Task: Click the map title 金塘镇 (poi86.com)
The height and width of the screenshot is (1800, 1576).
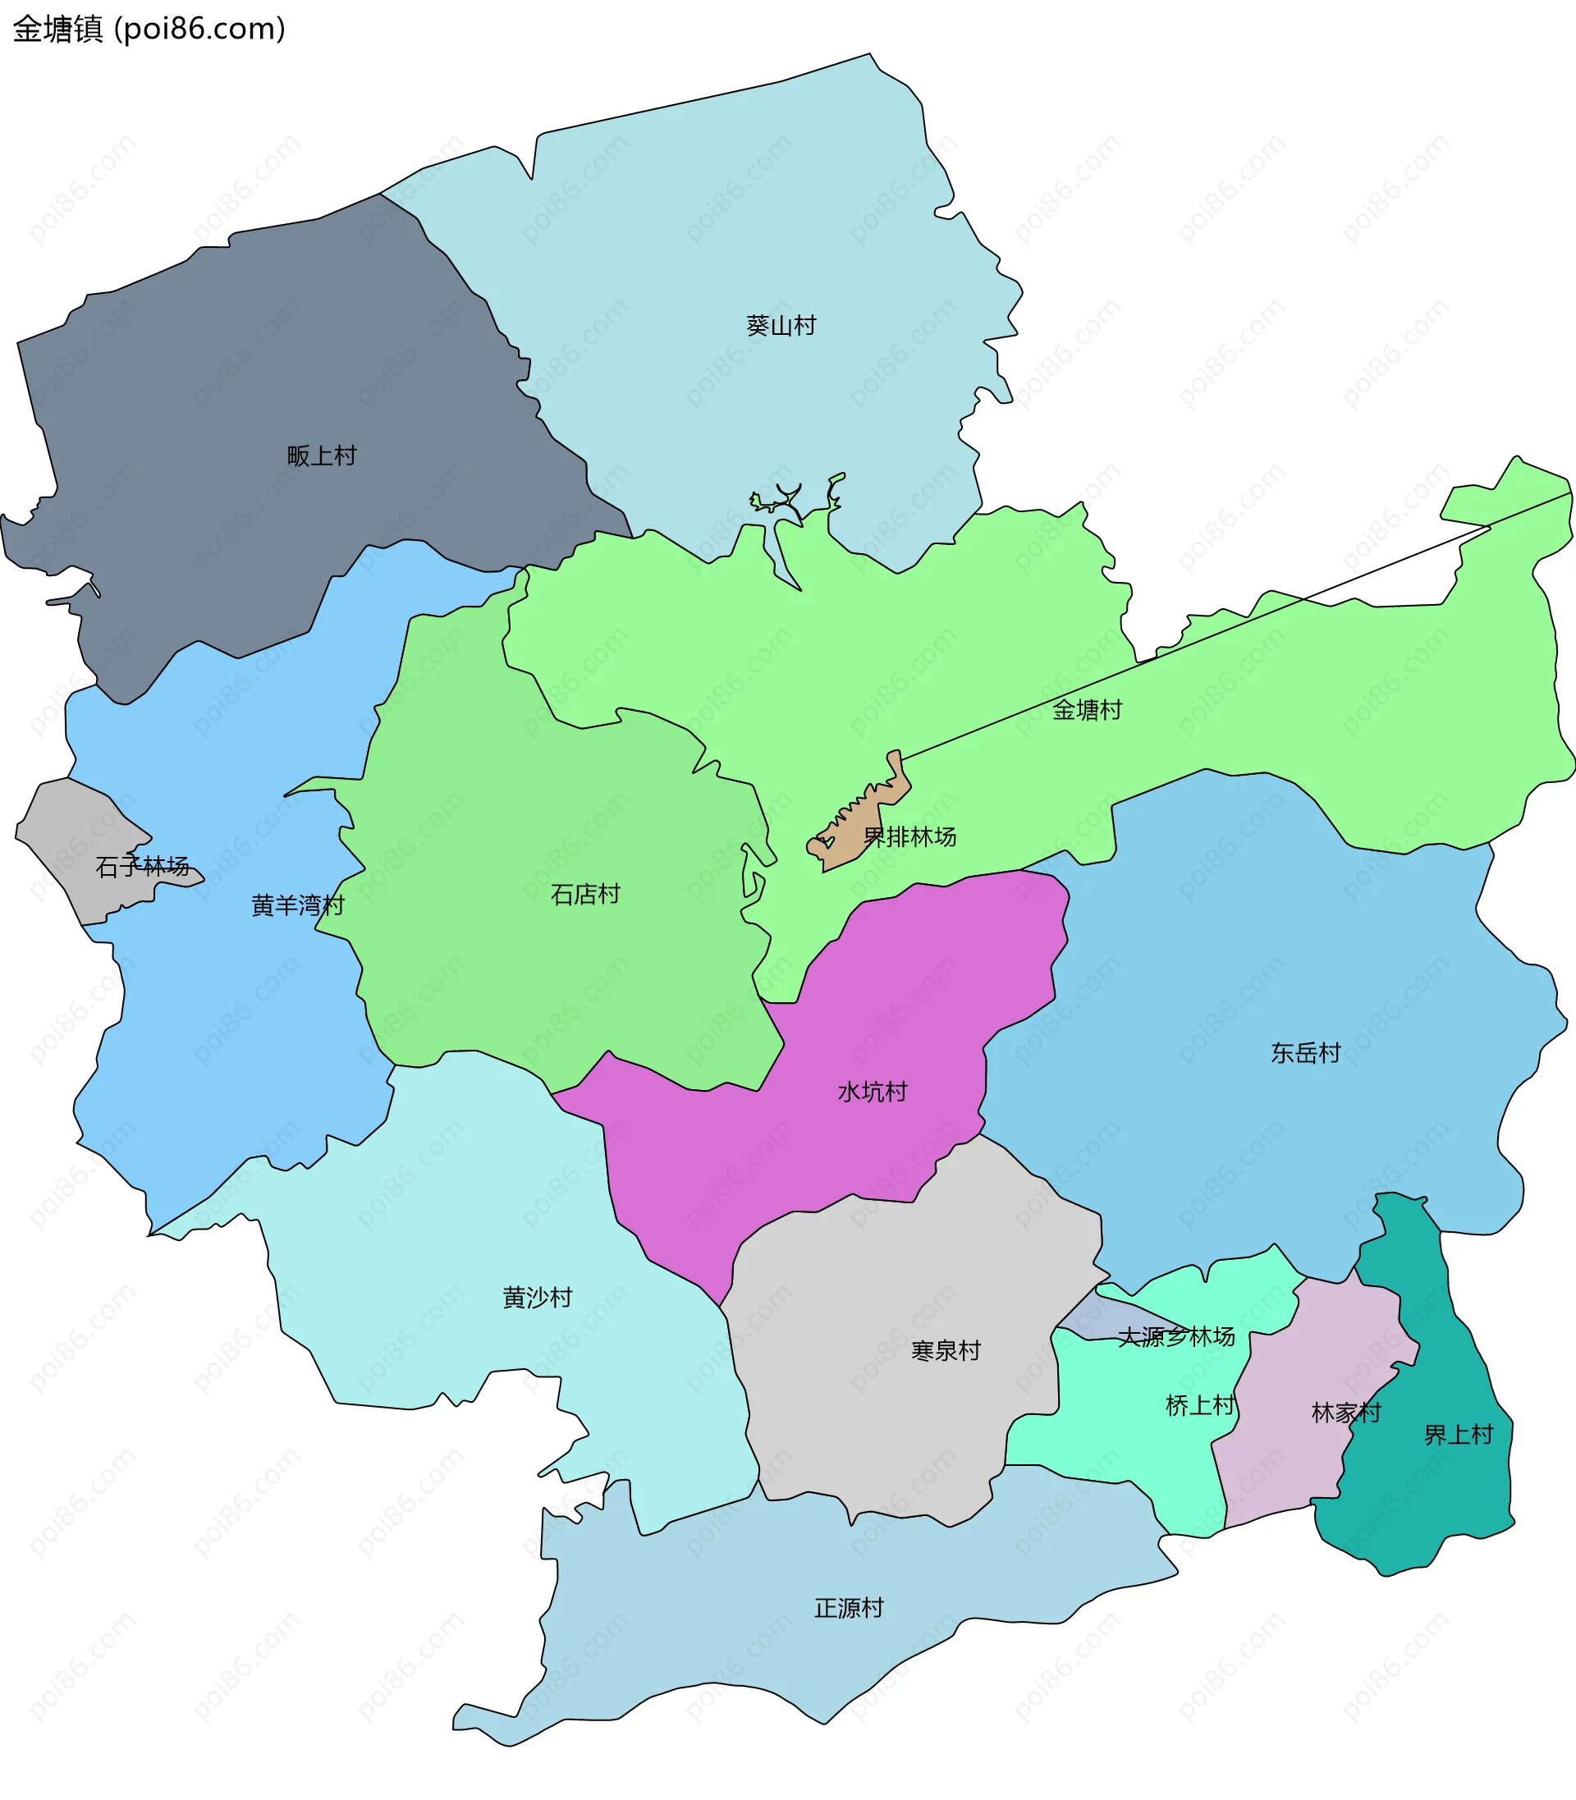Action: [x=149, y=29]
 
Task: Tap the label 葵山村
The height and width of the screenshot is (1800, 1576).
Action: [x=781, y=325]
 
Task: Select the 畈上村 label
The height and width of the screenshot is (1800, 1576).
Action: [x=322, y=456]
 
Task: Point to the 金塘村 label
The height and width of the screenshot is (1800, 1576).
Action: [x=1087, y=710]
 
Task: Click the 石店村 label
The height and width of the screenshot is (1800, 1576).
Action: [x=586, y=895]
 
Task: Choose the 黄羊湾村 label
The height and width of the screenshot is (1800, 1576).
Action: [x=297, y=905]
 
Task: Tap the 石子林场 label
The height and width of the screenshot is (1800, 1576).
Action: [x=143, y=867]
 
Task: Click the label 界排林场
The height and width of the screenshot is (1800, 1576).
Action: [x=909, y=837]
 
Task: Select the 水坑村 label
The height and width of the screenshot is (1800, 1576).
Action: [x=873, y=1092]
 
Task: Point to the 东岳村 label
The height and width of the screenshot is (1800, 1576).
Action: [x=1305, y=1052]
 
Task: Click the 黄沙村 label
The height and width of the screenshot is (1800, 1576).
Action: [x=538, y=1297]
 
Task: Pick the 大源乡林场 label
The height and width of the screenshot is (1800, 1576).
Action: [x=1175, y=1336]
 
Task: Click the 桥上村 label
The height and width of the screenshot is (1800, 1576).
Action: [x=1200, y=1405]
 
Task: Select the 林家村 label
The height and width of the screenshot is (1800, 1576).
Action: [x=1345, y=1413]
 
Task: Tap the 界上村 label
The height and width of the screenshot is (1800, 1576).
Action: [x=1458, y=1435]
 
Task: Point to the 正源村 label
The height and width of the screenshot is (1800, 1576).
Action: [x=849, y=1608]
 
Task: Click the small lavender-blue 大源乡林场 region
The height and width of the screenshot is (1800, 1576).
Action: [x=1099, y=1320]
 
